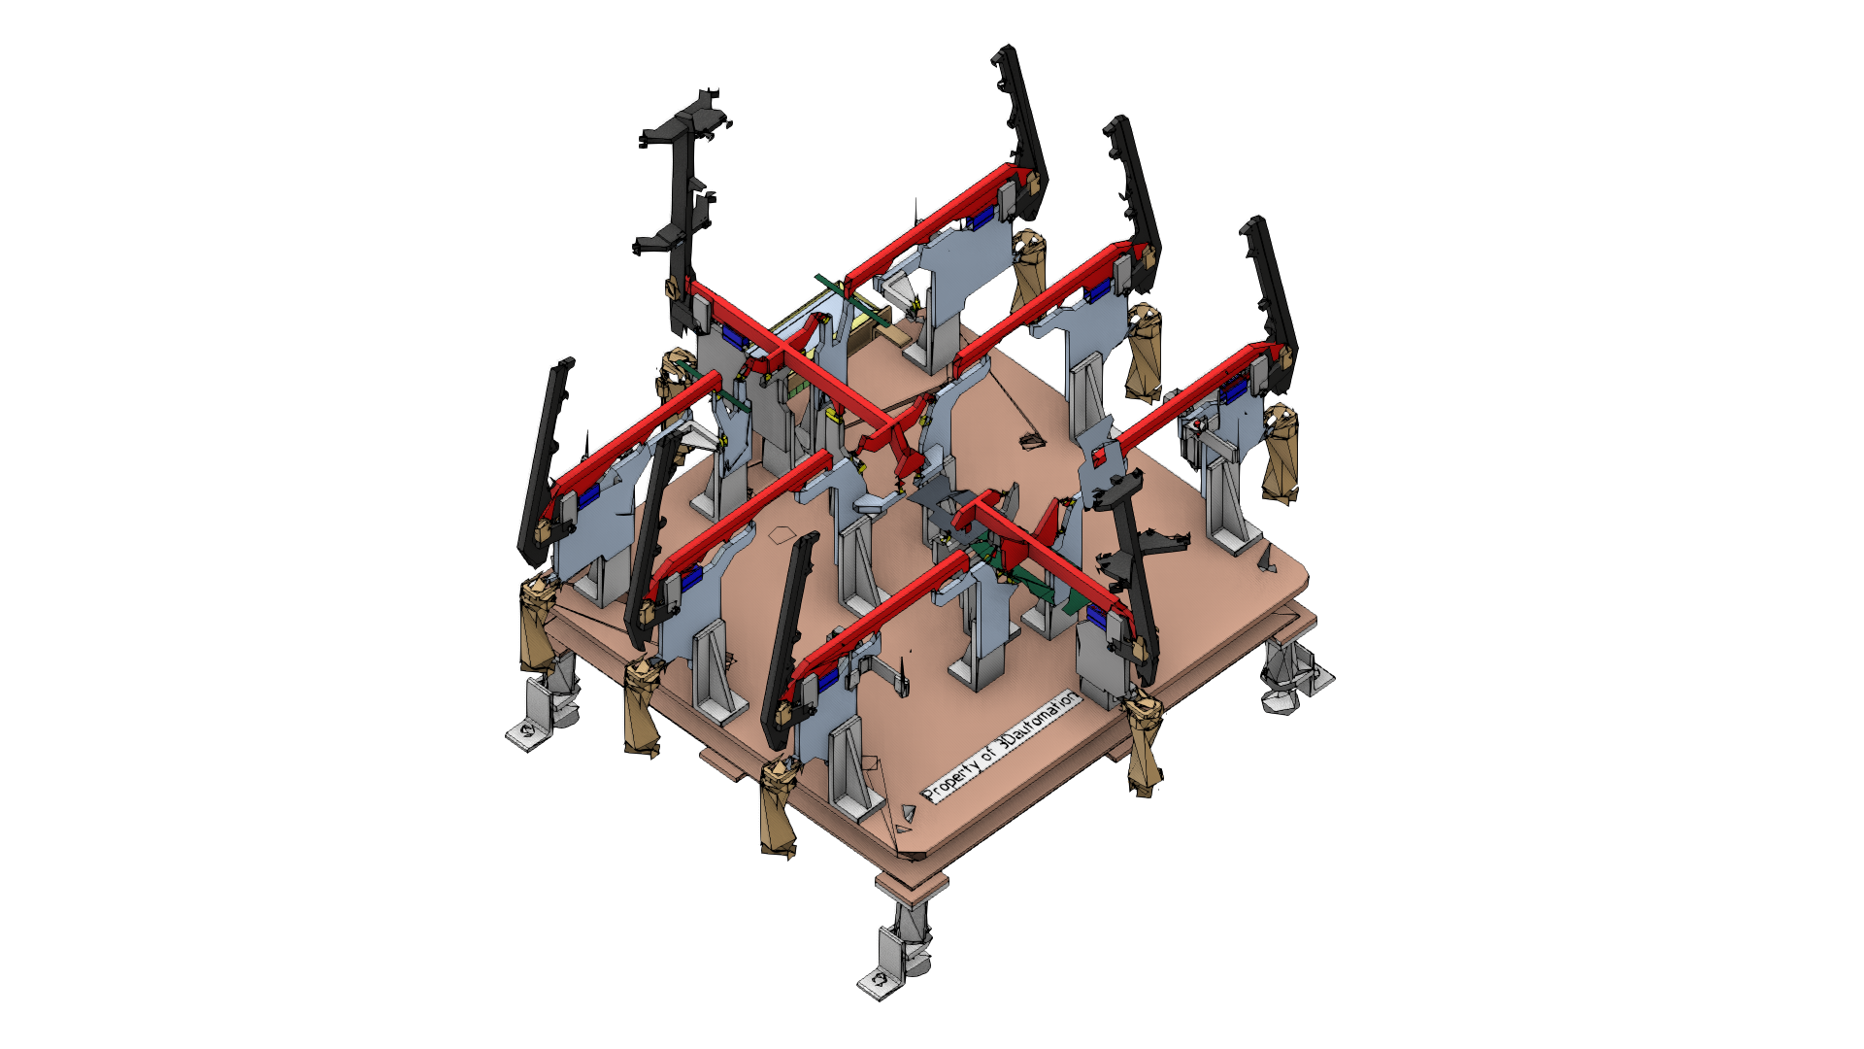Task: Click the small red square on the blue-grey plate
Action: tap(1099, 456)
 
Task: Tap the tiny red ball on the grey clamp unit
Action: tap(1200, 424)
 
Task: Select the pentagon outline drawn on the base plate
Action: tap(782, 534)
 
